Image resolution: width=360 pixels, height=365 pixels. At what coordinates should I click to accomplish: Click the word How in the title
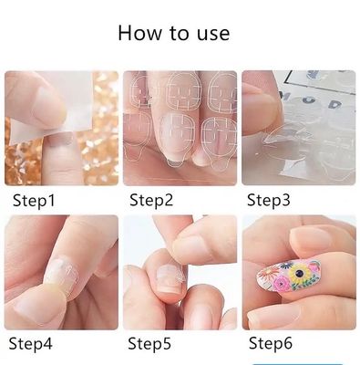tap(139, 34)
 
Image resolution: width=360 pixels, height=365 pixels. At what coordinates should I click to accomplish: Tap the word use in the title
tap(210, 34)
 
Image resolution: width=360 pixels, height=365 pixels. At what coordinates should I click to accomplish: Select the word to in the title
tap(175, 34)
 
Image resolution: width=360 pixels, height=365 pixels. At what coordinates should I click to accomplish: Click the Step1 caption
tap(33, 199)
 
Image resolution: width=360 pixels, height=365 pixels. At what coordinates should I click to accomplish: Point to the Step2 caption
tap(151, 199)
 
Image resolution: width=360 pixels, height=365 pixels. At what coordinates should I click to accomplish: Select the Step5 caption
tap(150, 343)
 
